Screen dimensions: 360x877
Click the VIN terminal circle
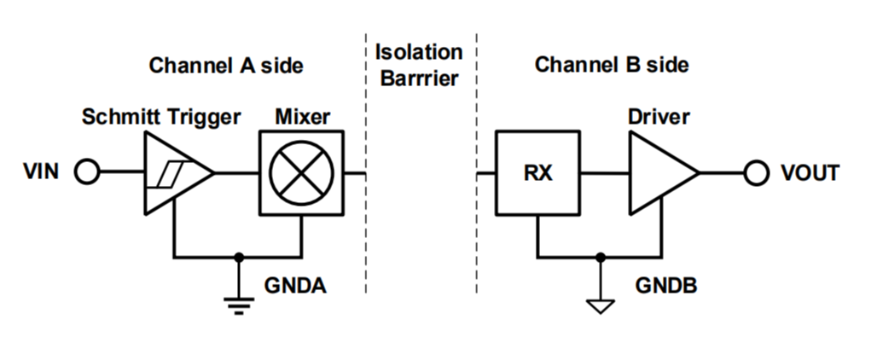pos(87,172)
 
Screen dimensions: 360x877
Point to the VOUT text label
pos(810,172)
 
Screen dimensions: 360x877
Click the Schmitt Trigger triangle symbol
pos(176,172)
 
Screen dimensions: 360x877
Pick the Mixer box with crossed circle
pos(301,172)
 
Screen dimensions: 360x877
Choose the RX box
pos(538,172)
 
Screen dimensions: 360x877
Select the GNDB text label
pos(666,284)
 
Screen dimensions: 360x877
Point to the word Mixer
pos(301,116)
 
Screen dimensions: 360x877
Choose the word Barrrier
pos(418,79)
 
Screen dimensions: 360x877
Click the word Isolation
pos(418,51)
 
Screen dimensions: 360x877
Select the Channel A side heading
pos(226,65)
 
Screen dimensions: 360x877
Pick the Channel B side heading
pos(612,65)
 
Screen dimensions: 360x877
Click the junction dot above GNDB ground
pos(601,256)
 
